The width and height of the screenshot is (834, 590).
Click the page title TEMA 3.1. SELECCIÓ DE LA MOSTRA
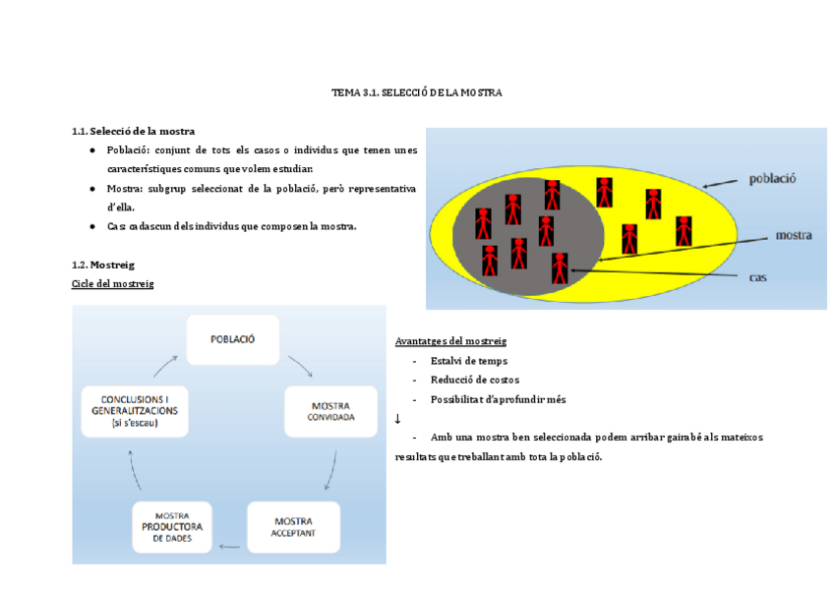[417, 92]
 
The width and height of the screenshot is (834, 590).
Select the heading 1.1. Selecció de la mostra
[133, 131]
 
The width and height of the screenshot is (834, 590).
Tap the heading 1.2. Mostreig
[102, 265]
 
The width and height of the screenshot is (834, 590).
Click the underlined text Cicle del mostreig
[112, 283]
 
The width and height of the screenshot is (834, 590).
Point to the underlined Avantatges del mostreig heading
[450, 340]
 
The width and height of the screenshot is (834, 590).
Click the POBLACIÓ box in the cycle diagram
[233, 339]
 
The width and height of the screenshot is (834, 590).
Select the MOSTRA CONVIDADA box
[330, 411]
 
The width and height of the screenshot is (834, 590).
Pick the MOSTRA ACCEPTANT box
[293, 527]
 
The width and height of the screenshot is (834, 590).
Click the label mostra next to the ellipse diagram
[793, 236]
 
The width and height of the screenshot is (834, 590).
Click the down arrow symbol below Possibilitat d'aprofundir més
[397, 419]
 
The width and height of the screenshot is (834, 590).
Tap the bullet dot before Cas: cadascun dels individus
[91, 226]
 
